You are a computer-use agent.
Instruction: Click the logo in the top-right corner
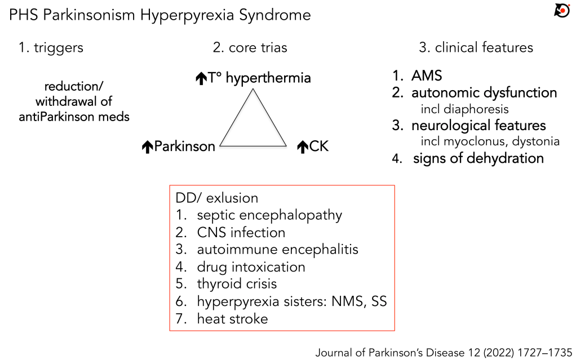coord(562,10)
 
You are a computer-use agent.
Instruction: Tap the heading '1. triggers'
coord(51,47)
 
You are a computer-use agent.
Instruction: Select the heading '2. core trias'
coord(250,47)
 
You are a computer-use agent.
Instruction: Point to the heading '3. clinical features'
coord(476,47)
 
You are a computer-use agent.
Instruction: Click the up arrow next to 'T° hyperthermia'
coord(201,79)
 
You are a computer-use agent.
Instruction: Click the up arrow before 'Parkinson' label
coord(148,148)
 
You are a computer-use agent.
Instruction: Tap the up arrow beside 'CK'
coord(302,148)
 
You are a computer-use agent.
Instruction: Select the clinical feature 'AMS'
coord(427,76)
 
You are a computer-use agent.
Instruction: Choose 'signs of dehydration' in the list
coord(478,158)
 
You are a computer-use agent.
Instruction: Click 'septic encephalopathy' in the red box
coord(269,215)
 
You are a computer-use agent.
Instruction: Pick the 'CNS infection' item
coord(241,232)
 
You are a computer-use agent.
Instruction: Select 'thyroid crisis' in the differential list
coord(237,284)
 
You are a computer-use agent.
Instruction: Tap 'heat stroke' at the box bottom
coord(232,319)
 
